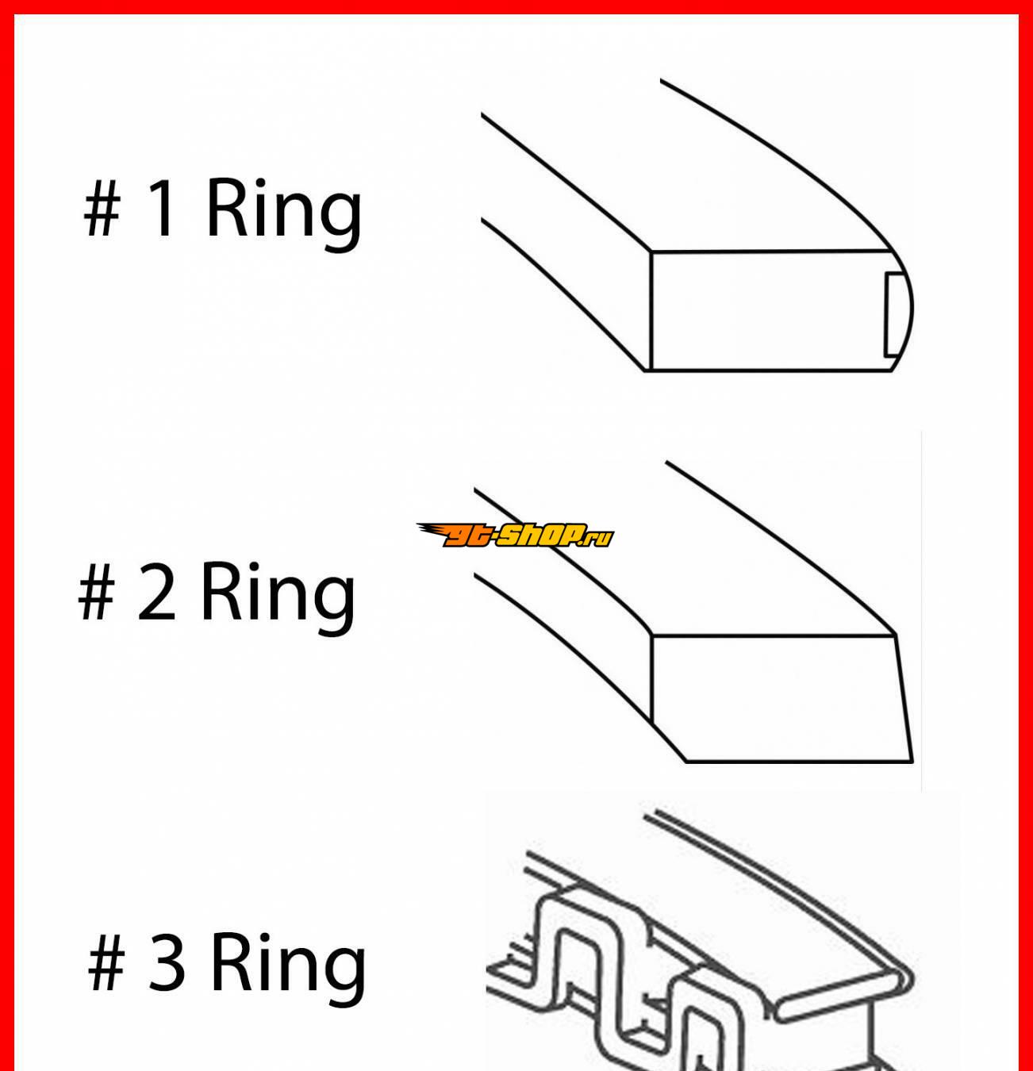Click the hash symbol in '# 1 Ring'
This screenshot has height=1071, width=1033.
point(102,208)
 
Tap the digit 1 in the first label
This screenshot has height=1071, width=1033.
point(162,208)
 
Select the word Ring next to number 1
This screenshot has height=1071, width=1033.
point(284,215)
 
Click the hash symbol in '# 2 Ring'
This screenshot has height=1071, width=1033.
point(97,592)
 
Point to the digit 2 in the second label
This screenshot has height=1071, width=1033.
point(156,592)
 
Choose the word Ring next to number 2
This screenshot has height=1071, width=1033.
point(278,599)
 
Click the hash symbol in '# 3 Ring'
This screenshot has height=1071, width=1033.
point(106,962)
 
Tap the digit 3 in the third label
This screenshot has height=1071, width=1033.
point(166,962)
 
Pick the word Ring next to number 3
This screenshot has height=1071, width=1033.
point(288,969)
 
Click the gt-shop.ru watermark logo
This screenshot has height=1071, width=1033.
point(515,535)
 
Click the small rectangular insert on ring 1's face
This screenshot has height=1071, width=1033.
point(894,314)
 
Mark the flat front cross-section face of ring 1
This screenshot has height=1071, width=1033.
point(770,312)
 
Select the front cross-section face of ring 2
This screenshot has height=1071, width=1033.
point(781,699)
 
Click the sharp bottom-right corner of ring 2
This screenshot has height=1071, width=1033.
point(912,762)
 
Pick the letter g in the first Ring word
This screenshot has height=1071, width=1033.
point(340,220)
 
